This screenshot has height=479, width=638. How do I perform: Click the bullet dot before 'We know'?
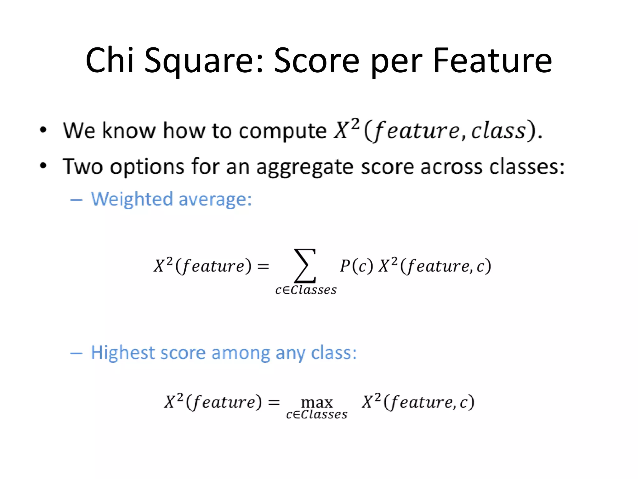[43, 130]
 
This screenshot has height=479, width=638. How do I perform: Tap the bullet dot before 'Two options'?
[43, 166]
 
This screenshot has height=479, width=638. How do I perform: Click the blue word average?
[215, 200]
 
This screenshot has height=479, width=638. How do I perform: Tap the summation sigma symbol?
[305, 266]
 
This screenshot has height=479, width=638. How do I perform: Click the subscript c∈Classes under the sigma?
[306, 290]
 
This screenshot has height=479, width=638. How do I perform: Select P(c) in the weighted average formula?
[356, 266]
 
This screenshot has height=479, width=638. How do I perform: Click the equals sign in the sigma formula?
[263, 266]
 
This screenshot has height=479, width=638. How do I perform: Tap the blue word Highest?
[123, 353]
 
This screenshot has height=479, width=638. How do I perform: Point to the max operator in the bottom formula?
[317, 402]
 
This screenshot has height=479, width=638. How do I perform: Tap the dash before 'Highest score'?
[76, 353]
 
